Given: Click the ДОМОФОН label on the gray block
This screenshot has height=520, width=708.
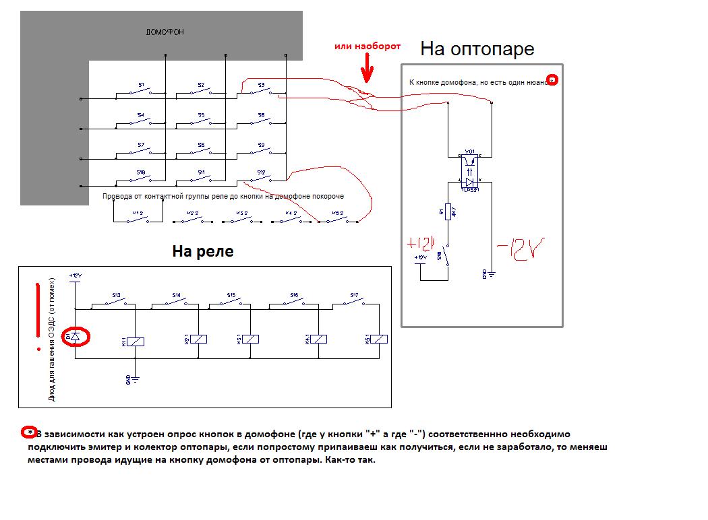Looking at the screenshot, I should point(165,32).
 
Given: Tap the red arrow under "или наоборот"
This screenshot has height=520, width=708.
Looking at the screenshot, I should point(366,70).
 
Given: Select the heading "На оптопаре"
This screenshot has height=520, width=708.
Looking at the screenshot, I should point(477,48).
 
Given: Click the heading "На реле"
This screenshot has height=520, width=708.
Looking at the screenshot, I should point(202,251).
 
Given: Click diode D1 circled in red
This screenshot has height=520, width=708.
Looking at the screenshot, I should point(75,335).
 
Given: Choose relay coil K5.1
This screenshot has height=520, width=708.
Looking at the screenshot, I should point(379,339).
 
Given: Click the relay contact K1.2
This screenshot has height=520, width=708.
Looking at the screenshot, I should point(138,217).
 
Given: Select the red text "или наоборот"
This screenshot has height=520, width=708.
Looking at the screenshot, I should point(367,46).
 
